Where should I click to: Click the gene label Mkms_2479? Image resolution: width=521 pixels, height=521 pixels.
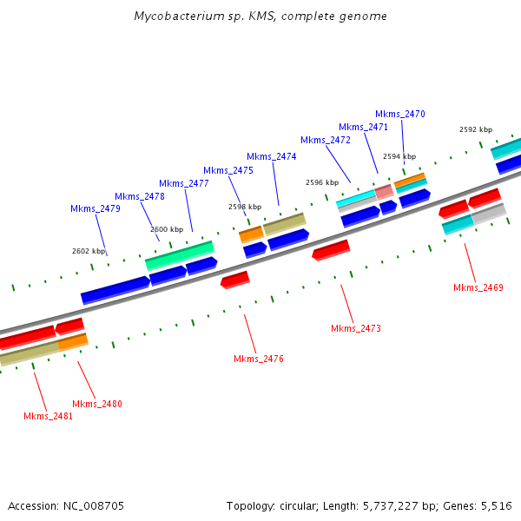point(96,208)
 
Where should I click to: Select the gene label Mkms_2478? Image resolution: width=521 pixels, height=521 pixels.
point(140,196)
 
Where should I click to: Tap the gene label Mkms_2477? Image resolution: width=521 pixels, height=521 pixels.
point(184,183)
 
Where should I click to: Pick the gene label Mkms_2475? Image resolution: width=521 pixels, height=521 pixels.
point(228,170)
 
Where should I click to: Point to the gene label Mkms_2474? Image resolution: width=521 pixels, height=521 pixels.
point(272,156)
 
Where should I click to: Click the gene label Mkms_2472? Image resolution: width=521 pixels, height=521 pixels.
point(326,140)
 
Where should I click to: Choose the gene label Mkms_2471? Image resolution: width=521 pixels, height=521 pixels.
point(364,127)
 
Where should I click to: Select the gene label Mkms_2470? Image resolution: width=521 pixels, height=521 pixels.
point(400,114)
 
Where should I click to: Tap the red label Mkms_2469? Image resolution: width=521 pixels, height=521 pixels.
point(478,287)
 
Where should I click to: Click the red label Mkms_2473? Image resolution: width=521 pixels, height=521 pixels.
point(356,328)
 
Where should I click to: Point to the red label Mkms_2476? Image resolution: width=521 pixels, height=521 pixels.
point(259,359)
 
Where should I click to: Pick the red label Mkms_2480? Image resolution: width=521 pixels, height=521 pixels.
point(97,404)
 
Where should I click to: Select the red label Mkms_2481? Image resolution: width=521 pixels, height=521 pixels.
point(49,416)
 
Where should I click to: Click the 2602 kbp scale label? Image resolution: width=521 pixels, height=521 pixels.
point(88,251)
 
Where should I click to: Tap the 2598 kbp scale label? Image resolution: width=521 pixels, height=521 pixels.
point(244,207)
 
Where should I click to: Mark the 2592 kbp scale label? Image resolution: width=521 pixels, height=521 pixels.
point(476,129)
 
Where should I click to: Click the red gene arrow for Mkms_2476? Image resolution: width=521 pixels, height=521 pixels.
point(235,280)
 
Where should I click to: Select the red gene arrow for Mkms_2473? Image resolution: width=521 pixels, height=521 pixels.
point(331,250)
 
